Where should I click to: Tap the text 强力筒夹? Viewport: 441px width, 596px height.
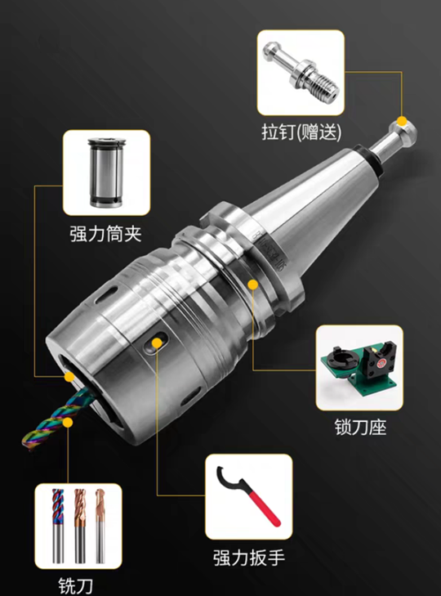click(105, 235)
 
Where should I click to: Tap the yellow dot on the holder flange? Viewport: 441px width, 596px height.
click(254, 284)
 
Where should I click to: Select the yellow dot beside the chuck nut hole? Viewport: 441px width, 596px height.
click(154, 345)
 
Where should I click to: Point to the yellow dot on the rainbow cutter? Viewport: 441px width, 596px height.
click(69, 422)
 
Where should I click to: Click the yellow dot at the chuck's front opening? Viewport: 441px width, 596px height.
click(71, 377)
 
